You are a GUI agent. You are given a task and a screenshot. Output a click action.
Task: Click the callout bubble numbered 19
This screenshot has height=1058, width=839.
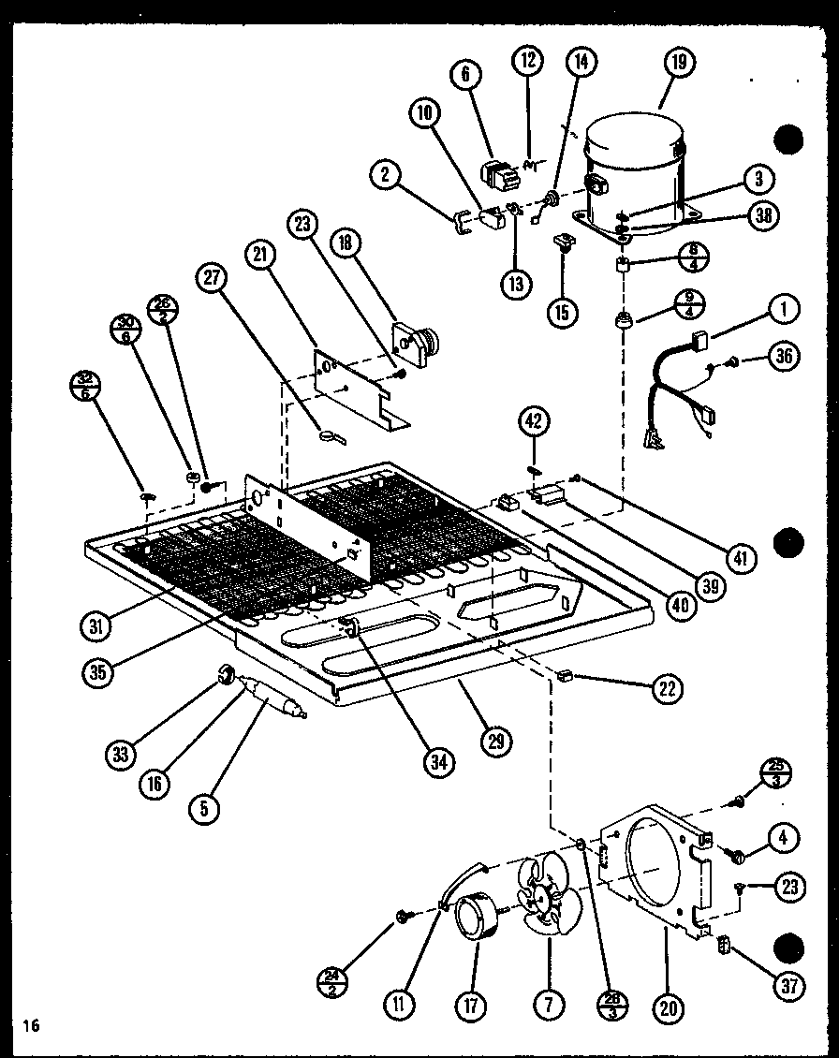[678, 64]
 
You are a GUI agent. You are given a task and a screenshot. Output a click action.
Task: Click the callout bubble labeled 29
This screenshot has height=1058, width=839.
[495, 741]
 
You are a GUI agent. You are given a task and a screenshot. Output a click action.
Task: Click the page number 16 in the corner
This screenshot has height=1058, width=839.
[32, 1026]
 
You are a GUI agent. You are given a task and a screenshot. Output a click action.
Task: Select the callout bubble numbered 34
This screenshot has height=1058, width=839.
[437, 763]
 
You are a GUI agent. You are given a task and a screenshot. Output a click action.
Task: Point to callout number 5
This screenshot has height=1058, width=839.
[205, 810]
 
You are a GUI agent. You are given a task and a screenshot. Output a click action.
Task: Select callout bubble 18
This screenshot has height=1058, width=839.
[346, 245]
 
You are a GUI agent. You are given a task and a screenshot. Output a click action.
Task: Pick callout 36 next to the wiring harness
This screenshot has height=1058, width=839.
[784, 357]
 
